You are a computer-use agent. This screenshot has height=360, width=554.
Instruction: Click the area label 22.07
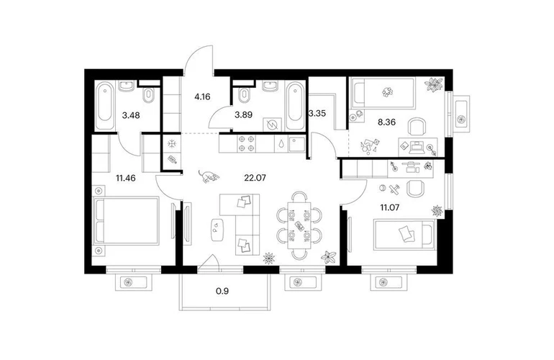click(255, 178)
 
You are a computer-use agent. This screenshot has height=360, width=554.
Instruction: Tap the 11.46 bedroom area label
click(126, 178)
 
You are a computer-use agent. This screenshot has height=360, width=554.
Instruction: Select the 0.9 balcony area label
click(222, 291)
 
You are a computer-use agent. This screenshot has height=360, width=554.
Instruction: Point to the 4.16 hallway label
click(202, 96)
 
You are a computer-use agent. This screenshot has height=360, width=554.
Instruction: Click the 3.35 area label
click(317, 114)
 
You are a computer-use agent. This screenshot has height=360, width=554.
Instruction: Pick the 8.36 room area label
click(386, 122)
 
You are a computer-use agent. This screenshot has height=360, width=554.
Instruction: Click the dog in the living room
click(209, 176)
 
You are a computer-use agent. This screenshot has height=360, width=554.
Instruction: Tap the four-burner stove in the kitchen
click(246, 143)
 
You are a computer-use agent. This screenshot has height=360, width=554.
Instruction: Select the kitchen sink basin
click(296, 144)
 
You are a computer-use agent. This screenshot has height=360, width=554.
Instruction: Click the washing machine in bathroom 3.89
click(273, 125)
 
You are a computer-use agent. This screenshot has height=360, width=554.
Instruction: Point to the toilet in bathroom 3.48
click(148, 96)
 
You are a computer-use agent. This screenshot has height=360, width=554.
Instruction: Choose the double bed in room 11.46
click(125, 221)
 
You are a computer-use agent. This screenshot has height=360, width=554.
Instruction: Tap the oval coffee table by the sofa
click(217, 230)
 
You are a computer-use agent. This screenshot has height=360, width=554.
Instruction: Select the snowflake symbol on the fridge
click(172, 143)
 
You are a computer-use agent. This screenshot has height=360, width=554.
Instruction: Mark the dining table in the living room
click(299, 226)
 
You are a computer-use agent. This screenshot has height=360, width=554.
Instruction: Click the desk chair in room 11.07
click(415, 189)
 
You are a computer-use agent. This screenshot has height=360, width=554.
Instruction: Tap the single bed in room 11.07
click(404, 234)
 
